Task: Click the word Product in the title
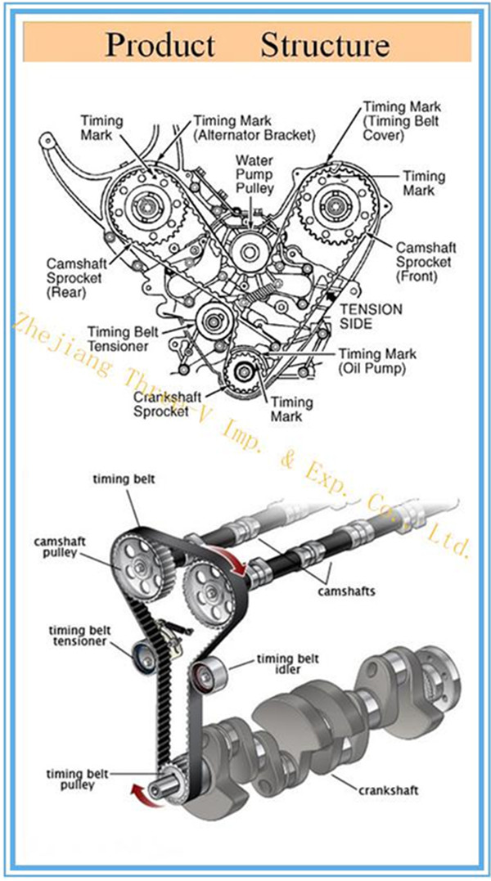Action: (160, 43)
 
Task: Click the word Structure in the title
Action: (325, 43)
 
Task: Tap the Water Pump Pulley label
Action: (255, 173)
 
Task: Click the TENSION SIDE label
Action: (371, 317)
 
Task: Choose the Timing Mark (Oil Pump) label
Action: (377, 361)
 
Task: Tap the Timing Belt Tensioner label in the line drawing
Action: (119, 339)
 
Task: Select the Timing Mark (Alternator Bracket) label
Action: (254, 128)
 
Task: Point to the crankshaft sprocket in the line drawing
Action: (245, 373)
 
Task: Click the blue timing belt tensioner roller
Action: (146, 654)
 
